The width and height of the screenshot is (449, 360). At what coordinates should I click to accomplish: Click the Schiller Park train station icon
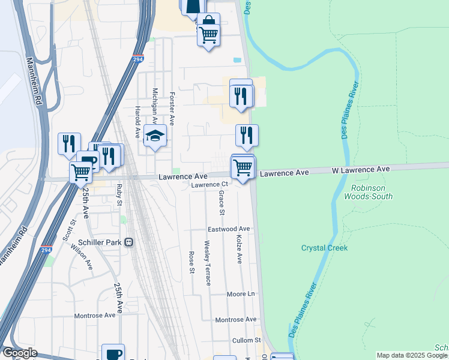click(x=128, y=243)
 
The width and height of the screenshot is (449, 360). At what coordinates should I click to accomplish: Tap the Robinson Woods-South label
click(x=368, y=192)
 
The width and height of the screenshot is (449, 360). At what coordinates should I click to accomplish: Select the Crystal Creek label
click(x=324, y=248)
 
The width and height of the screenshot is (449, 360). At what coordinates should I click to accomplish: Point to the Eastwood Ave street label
click(x=229, y=229)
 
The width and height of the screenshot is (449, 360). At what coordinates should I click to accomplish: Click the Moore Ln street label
click(x=241, y=294)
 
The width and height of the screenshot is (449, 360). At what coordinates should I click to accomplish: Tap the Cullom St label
click(x=247, y=340)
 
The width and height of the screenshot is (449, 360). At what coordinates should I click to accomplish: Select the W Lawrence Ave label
click(x=361, y=170)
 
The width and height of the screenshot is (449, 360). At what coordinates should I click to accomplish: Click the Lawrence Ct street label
click(x=210, y=185)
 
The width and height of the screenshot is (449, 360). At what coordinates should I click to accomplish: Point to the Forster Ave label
click(x=172, y=108)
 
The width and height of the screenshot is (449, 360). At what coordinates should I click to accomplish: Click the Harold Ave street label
click(x=137, y=122)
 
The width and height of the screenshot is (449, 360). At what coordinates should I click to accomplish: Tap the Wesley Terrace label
click(x=207, y=263)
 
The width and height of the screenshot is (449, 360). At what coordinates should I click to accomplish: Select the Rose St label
click(x=192, y=262)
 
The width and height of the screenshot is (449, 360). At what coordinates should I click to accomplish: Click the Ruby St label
click(x=119, y=195)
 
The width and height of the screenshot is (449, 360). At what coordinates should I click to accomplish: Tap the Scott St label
click(x=68, y=230)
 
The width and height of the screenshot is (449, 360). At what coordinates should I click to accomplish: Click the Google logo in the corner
click(x=19, y=353)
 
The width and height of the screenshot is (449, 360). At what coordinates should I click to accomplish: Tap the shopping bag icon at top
click(x=208, y=23)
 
